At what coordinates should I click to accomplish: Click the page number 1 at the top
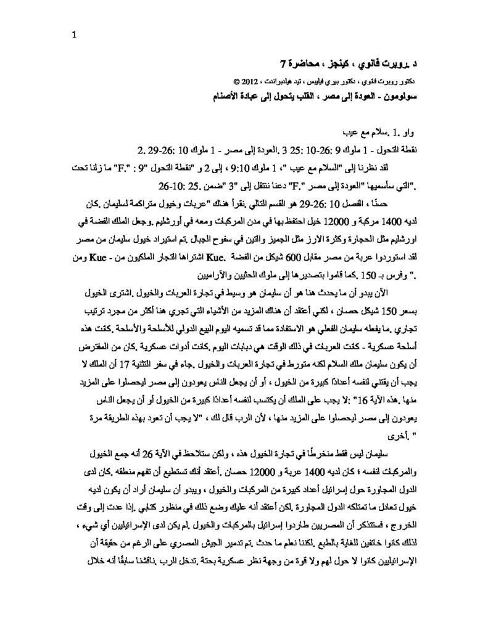point(74,35)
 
